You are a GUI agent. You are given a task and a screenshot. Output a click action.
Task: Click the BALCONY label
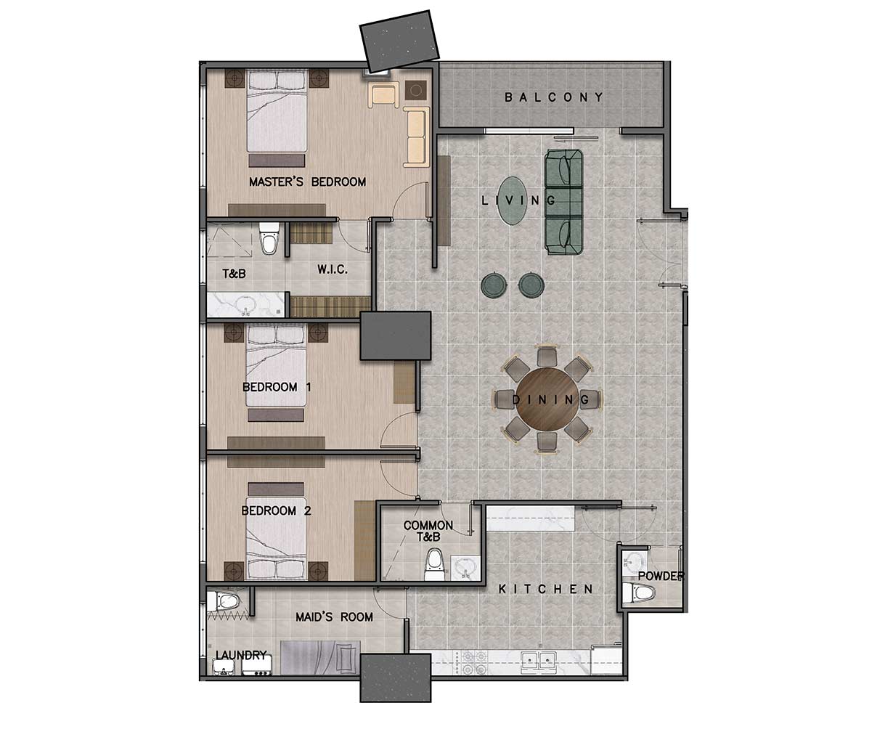click(x=554, y=97)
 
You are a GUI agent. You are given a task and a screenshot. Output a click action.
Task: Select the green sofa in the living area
click(x=564, y=201)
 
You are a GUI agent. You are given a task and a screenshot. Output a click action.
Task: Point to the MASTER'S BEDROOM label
click(x=307, y=182)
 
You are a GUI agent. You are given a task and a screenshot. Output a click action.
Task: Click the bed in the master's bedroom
click(x=276, y=116)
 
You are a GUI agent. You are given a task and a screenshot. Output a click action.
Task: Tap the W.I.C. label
click(x=333, y=269)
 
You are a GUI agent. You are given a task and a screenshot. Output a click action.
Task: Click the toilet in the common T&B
click(x=435, y=563)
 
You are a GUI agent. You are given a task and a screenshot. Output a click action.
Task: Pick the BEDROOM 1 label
click(x=277, y=387)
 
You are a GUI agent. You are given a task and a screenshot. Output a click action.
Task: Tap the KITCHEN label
click(x=546, y=589)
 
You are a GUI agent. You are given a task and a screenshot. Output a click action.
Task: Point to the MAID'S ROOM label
click(x=334, y=617)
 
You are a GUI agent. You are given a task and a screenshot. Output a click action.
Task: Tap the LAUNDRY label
click(x=241, y=655)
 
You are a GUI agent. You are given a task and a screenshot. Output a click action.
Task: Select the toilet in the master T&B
click(x=269, y=240)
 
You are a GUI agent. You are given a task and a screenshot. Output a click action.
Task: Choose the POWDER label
click(x=661, y=577)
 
